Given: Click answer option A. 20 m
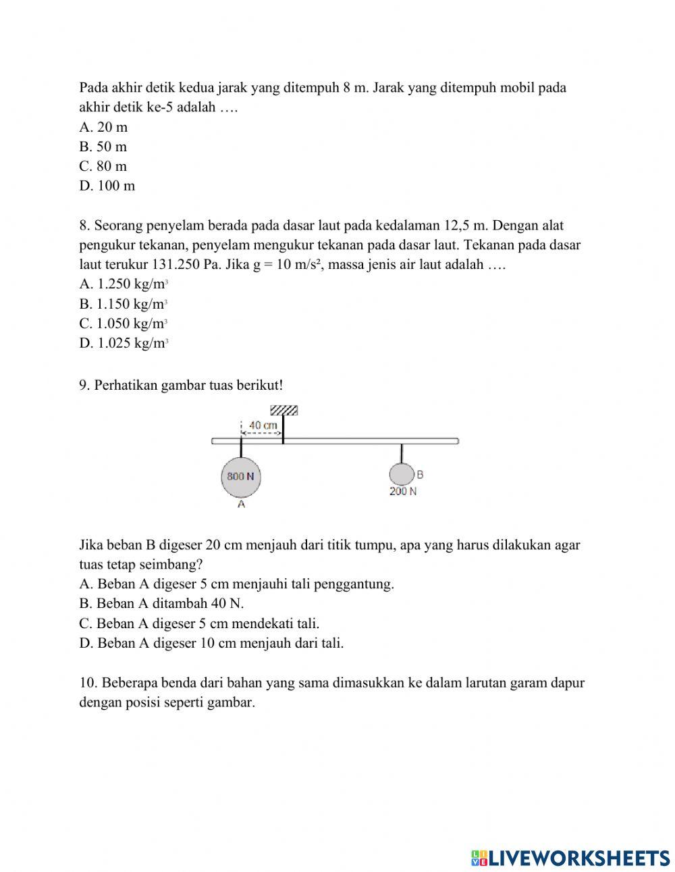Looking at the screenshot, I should click(x=103, y=127).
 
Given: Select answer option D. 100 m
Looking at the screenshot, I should click(x=107, y=186).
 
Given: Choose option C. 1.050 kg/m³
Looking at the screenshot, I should click(x=123, y=324).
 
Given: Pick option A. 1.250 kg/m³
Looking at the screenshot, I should click(x=123, y=284).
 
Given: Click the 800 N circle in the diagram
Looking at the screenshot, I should click(x=241, y=476).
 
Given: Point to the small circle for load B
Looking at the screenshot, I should click(x=401, y=474).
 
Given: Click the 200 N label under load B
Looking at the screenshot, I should click(x=403, y=492).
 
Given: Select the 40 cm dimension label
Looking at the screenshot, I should click(x=263, y=426).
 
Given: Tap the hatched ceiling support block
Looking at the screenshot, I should click(x=283, y=411).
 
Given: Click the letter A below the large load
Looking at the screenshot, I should click(x=241, y=505).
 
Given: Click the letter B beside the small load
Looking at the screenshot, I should click(x=420, y=475).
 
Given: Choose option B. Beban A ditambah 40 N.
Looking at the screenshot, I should click(x=161, y=603).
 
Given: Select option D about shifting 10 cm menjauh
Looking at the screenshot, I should click(x=211, y=643).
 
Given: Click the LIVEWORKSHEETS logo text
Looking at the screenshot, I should click(x=579, y=858).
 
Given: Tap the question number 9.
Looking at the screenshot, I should click(x=84, y=385).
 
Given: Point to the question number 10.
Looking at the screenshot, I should click(x=88, y=682).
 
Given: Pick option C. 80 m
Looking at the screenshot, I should click(x=103, y=166).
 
